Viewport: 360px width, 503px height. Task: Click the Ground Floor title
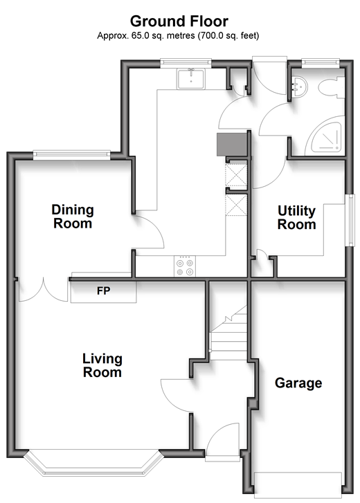coord(179,21)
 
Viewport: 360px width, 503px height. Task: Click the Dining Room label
coord(73,217)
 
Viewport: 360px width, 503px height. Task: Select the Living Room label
coord(102,365)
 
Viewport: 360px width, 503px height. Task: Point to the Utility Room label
coord(296,217)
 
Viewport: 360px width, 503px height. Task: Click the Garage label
coord(298,383)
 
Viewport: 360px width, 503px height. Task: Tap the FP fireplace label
coord(104,291)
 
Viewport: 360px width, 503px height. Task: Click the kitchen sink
coord(190,79)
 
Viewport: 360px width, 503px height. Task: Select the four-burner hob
coord(185,266)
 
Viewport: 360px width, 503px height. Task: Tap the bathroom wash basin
coord(300,86)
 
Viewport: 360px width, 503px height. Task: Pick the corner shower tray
coord(325,136)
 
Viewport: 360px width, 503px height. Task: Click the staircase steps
coord(228,333)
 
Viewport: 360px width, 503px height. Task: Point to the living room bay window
coord(93,464)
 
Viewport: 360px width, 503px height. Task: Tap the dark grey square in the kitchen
coord(232,145)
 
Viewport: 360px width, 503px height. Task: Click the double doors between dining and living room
coord(43,290)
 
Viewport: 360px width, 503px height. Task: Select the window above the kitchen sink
coord(186,63)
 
